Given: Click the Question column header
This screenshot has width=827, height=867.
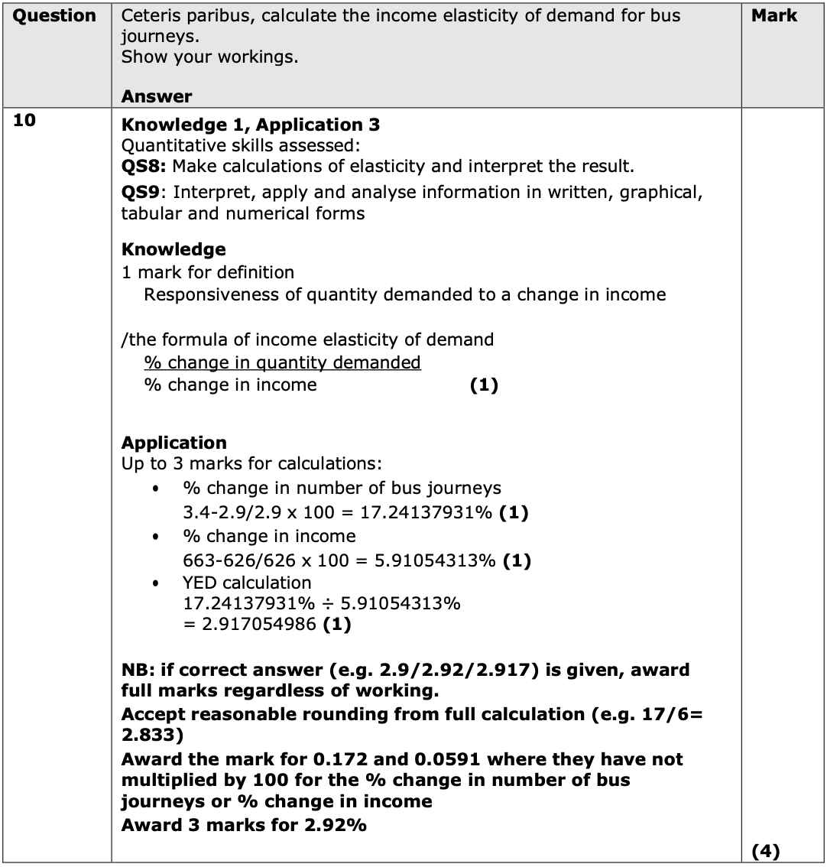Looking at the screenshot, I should (56, 16).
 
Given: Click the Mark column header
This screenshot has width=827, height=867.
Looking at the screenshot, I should (773, 16).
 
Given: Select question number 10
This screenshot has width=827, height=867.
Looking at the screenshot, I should (24, 120).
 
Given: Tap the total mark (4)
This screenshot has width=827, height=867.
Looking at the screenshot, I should (765, 850).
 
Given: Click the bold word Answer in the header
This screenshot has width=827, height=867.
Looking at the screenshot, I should (157, 96).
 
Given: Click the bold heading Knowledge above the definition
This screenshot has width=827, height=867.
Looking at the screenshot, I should (174, 249).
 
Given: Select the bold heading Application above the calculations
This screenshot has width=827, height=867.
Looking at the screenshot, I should (174, 443).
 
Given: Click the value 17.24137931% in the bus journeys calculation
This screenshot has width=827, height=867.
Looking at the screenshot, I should (426, 512).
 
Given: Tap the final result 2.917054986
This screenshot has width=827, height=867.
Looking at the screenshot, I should (259, 625).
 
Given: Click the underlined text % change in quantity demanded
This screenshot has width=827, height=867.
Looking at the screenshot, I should (282, 362).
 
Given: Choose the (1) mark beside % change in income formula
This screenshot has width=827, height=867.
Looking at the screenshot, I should (483, 385).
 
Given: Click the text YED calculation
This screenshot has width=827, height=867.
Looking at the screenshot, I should (246, 583).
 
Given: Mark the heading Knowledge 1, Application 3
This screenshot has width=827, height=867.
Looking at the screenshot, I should (251, 125).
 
